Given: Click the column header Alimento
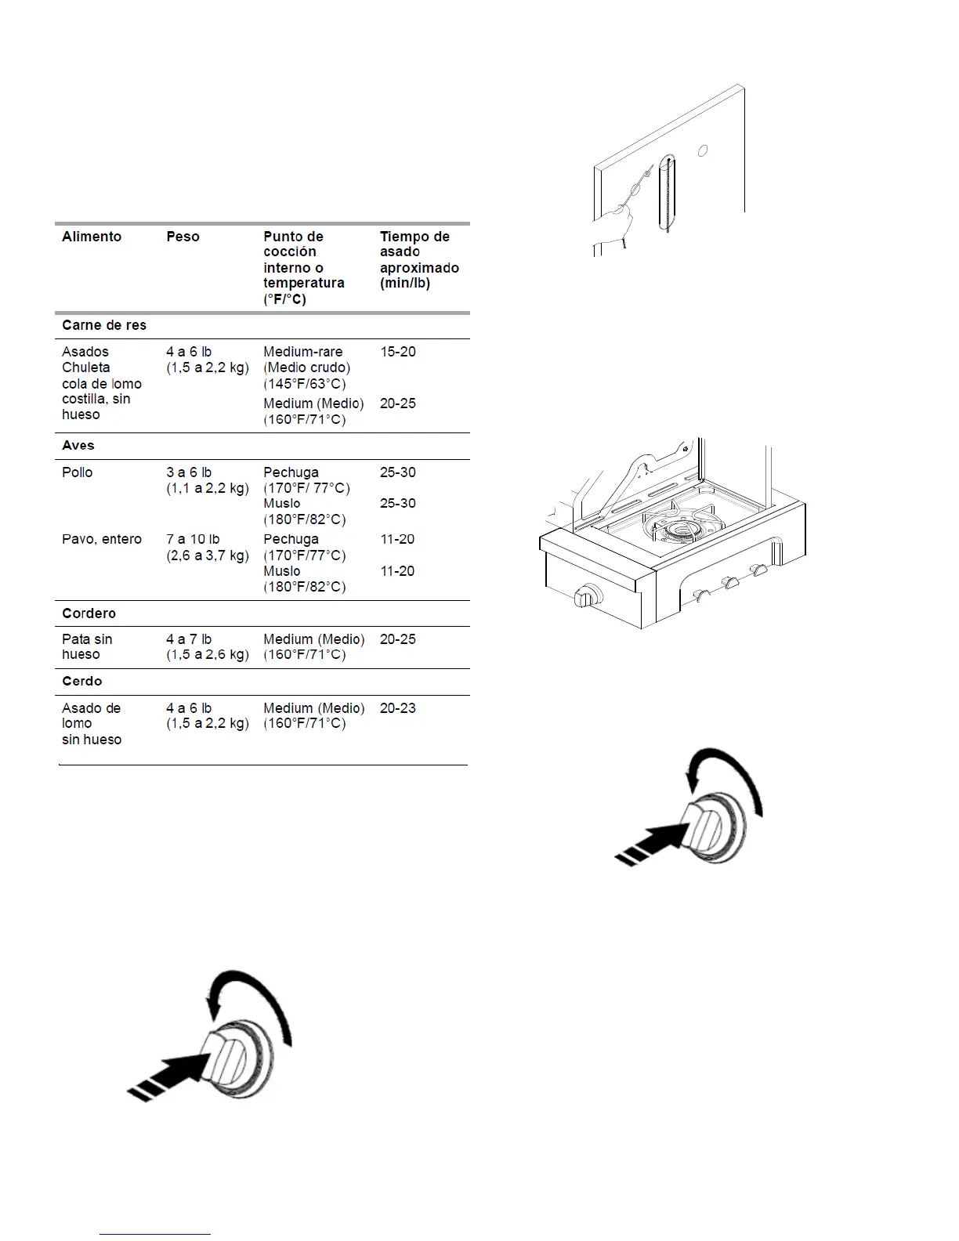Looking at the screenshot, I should click(92, 237).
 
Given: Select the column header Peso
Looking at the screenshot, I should click(183, 237).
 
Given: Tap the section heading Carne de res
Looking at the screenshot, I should click(104, 325).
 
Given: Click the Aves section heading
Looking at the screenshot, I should click(78, 445).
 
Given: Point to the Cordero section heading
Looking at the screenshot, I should click(89, 613).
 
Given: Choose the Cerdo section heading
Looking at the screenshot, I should click(82, 681).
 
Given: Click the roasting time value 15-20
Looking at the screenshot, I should click(398, 352).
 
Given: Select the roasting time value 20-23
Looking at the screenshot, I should click(398, 708).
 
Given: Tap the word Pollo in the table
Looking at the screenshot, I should click(78, 472).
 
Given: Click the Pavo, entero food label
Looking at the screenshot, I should click(102, 539).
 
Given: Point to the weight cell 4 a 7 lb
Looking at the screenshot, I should click(189, 639).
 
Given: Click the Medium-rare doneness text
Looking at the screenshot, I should click(303, 352).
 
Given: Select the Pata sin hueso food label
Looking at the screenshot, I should click(87, 646).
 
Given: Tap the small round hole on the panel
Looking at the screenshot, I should click(704, 150).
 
